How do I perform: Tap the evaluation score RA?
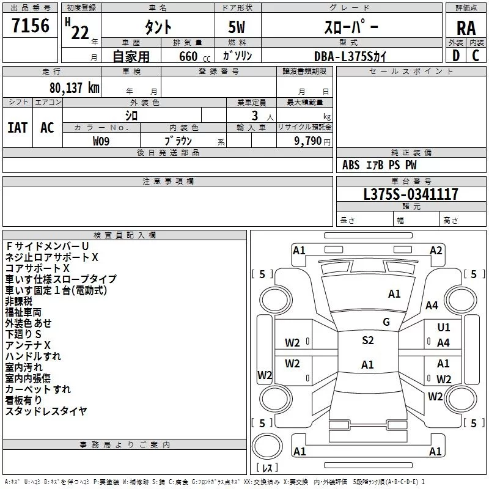coord(465,28)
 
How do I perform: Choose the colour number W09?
coord(101,141)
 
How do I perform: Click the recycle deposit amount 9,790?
coord(307,141)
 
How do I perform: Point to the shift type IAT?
coord(17,127)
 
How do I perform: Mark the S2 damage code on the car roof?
coord(367,340)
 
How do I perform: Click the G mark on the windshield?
coord(386,322)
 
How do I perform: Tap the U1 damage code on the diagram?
coord(444,328)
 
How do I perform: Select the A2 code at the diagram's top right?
coord(436,250)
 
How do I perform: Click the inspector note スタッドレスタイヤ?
coord(46,411)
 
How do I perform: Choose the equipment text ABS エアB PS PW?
coord(380,165)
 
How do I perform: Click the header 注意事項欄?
coord(167,182)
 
